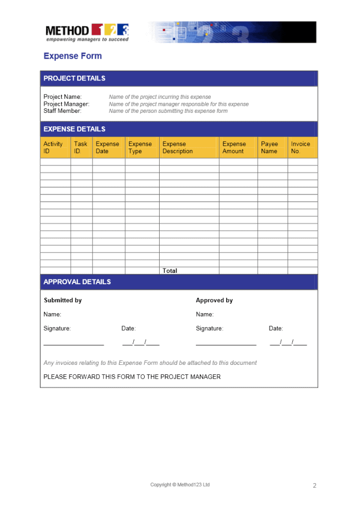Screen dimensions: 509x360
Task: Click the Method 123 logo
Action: coord(87,32)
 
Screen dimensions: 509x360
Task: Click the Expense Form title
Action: coord(73,56)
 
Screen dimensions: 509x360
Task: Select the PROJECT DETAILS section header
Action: coord(75,78)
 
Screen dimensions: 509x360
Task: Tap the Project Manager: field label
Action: coord(67,104)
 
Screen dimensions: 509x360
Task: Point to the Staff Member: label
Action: coord(63,111)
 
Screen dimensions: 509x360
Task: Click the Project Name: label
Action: coord(63,97)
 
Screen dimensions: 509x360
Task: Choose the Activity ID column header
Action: coord(53,148)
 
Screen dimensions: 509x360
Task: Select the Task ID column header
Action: coord(81,148)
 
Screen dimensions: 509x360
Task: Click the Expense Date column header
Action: coord(107,148)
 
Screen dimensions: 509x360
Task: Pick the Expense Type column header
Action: coord(140,148)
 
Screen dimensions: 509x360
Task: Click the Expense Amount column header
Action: coord(234,148)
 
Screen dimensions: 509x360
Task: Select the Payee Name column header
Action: coord(270,148)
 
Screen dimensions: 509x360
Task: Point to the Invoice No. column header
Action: coord(300,148)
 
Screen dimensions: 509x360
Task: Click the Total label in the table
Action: coord(170,271)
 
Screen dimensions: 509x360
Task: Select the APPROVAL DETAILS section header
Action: coord(77,282)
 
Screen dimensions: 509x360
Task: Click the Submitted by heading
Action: coord(63,300)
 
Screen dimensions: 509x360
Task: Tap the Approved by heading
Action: coord(214,300)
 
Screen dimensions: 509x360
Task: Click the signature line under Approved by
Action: coord(226,343)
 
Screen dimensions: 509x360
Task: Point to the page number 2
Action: coord(314,486)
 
